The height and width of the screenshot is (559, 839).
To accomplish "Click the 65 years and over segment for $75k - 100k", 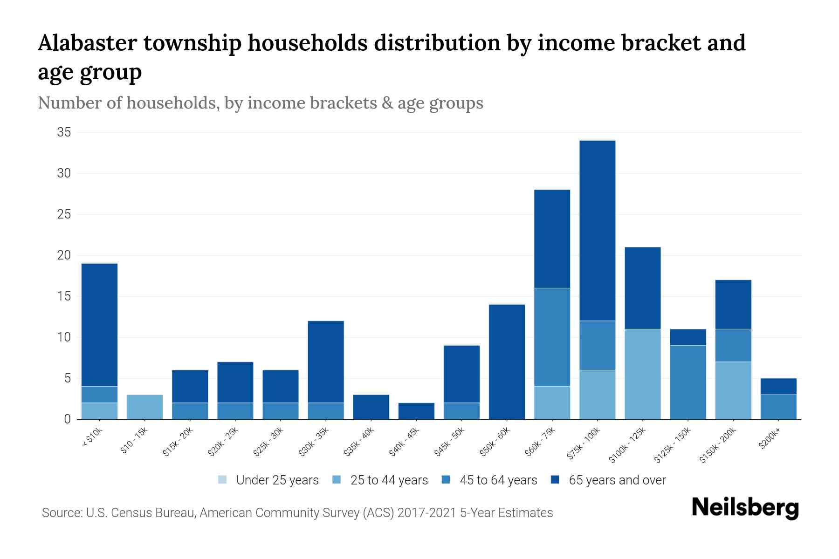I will coord(597,231).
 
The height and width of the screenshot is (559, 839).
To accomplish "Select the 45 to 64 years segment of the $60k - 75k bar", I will coord(552,337).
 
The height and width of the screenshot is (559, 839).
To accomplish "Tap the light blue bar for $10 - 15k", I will coord(144,407).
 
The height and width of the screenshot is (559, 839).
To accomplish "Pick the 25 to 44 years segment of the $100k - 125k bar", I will coord(642,374).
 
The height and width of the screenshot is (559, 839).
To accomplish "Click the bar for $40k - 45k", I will coord(416,411).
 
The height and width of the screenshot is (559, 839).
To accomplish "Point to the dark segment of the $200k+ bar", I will coord(778,386).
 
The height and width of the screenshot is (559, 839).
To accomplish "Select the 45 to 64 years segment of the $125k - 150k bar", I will coord(688,382).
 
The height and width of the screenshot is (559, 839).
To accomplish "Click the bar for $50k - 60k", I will coord(507,362).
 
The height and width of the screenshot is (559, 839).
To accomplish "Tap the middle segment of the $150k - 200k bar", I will coord(733,345).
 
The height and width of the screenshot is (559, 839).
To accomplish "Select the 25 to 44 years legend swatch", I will coord(337,480).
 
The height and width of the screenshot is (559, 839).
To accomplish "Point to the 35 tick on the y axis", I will coord(64,133).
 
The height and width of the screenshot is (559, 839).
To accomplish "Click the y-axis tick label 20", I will coord(64,255).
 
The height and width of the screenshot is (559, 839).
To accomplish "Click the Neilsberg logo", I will coord(745,508).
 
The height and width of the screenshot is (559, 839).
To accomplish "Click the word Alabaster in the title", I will coord(87,43).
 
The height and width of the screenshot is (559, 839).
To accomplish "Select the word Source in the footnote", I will coord(61,513).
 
